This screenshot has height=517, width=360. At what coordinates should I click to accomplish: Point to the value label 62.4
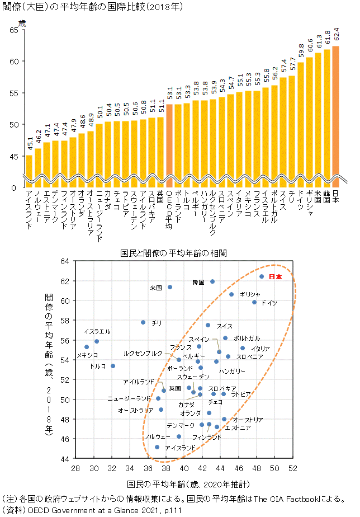(x=337, y=34)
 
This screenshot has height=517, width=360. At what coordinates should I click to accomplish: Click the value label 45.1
(x=30, y=144)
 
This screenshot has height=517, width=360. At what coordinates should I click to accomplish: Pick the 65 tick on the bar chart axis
(x=14, y=30)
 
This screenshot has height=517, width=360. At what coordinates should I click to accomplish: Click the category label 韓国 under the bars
(x=326, y=196)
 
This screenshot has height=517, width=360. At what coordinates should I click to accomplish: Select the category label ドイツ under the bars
(x=300, y=200)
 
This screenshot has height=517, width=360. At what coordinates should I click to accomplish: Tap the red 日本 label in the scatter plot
(x=276, y=277)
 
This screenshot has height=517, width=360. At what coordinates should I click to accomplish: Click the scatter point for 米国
(x=170, y=287)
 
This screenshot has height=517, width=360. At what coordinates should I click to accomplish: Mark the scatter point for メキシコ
(x=87, y=347)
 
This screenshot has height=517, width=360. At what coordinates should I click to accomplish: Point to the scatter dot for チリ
(x=143, y=322)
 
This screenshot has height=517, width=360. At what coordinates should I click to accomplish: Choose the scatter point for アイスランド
(x=157, y=447)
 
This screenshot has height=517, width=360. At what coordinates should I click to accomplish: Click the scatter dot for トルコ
(x=113, y=366)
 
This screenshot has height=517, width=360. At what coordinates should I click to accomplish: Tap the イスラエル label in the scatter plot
(x=97, y=332)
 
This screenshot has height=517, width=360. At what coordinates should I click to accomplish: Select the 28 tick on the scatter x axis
(x=75, y=468)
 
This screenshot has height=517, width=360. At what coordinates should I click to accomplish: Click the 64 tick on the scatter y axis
(x=65, y=261)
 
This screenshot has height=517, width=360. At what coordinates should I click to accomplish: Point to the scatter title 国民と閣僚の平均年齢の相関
(x=174, y=253)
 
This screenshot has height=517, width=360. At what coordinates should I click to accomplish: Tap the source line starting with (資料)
(x=92, y=510)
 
